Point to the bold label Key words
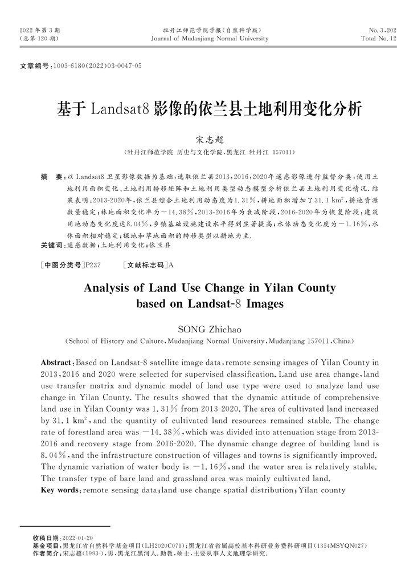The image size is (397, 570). [x=60, y=490]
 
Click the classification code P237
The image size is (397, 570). [x=92, y=266]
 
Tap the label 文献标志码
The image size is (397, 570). [x=146, y=266]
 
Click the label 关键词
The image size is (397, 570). [x=51, y=245]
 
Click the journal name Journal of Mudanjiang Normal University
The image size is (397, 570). [x=210, y=39]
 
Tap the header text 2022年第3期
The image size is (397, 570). [x=40, y=29]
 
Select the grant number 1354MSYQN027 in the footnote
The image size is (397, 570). [x=339, y=545]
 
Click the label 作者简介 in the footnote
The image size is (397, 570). [x=46, y=553]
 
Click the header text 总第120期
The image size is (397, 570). [x=39, y=39]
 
